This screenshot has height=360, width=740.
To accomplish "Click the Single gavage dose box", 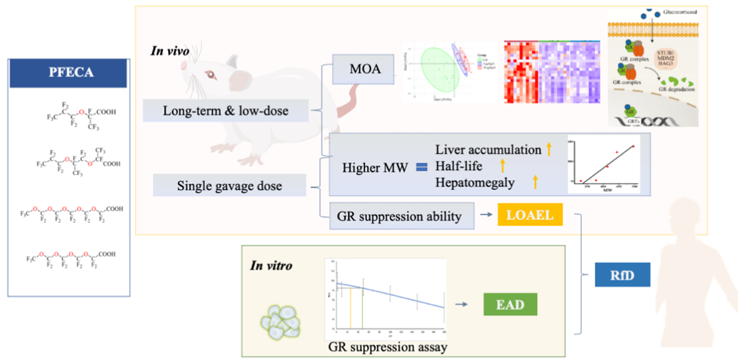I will click(x=230, y=186).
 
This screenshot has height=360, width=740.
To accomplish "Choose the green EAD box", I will click(x=509, y=304).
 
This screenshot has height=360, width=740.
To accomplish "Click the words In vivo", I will click(x=169, y=52).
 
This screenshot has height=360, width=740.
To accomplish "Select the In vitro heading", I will click(x=272, y=265).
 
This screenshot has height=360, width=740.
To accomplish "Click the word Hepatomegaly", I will click(x=475, y=183).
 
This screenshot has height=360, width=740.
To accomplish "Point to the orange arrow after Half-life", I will click(x=503, y=166).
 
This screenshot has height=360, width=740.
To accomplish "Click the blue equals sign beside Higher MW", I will click(x=420, y=168).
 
